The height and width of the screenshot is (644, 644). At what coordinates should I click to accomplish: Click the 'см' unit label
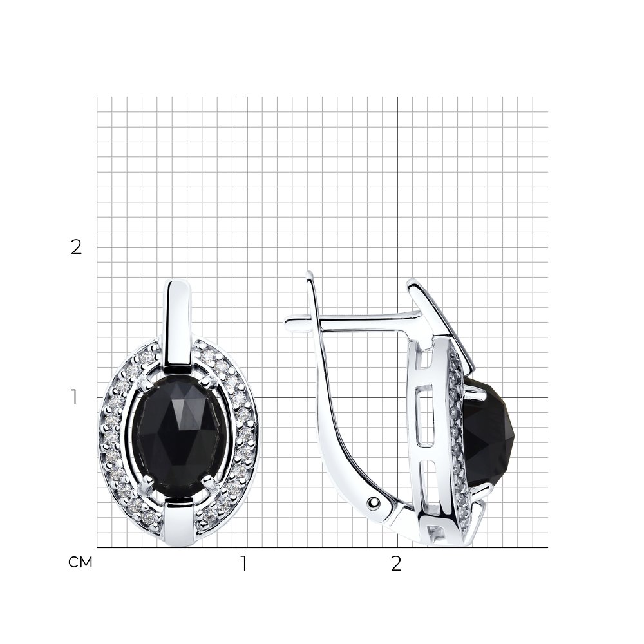[80, 562]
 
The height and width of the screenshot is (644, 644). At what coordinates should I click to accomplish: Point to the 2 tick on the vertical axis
[77, 247]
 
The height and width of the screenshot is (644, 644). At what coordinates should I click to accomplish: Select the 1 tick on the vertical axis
[74, 397]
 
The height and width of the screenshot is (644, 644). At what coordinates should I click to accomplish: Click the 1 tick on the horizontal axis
[244, 563]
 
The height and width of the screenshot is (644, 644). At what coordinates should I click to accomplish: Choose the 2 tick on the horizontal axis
[395, 563]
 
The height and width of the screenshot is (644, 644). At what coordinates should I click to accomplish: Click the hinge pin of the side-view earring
[374, 502]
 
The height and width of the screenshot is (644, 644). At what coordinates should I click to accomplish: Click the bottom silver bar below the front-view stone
[179, 522]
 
